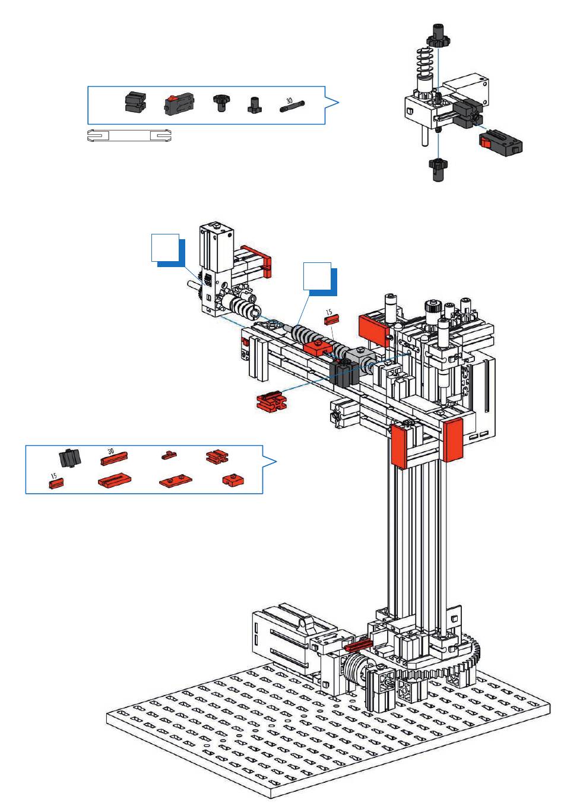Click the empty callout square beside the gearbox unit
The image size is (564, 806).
[x=165, y=248]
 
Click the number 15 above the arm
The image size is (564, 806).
[x=329, y=312]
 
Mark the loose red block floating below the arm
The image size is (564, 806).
[x=270, y=401]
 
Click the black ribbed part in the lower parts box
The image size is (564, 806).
[x=69, y=458]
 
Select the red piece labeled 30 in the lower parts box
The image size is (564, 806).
[x=113, y=458]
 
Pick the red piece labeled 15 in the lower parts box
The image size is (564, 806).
[x=56, y=484]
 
